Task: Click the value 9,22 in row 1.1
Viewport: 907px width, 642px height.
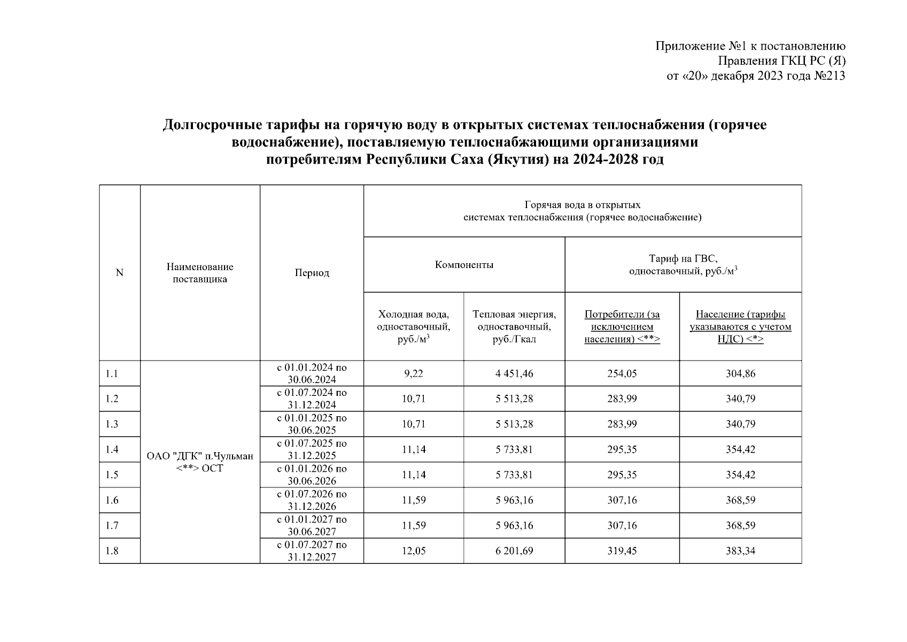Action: tap(413, 373)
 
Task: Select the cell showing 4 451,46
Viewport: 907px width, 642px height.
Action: tap(514, 373)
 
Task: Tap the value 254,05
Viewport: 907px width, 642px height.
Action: tap(622, 373)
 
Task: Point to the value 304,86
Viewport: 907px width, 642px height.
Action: tap(740, 373)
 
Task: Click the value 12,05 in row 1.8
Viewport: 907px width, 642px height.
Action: tap(413, 551)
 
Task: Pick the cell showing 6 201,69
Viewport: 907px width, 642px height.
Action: tap(514, 551)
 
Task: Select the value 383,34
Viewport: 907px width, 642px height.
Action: tap(740, 551)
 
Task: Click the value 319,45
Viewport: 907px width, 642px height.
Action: tap(622, 551)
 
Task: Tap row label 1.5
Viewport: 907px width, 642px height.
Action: tap(112, 475)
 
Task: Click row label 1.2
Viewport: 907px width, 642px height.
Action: tap(112, 399)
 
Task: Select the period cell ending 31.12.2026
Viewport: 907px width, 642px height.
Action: tap(312, 500)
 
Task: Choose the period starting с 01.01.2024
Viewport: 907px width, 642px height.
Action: tap(312, 373)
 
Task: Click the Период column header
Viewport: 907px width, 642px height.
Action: tap(312, 273)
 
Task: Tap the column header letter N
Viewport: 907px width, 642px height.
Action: tap(119, 273)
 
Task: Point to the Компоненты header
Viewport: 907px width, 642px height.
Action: tap(464, 265)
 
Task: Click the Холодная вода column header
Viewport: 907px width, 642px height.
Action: tap(413, 326)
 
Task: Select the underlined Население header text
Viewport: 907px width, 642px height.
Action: tap(740, 326)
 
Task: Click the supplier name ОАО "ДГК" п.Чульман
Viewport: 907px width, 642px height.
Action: tap(200, 456)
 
